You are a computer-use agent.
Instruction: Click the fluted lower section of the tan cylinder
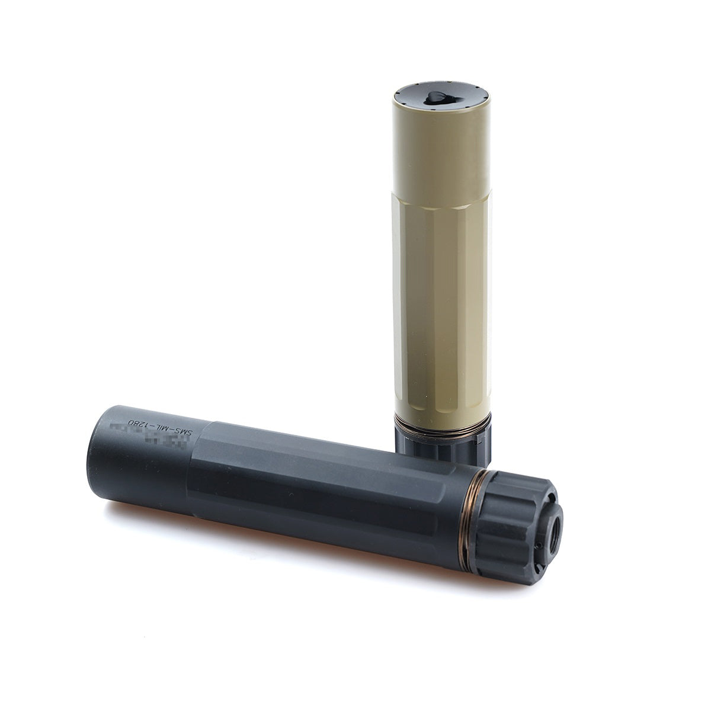pyautogui.click(x=441, y=308)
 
